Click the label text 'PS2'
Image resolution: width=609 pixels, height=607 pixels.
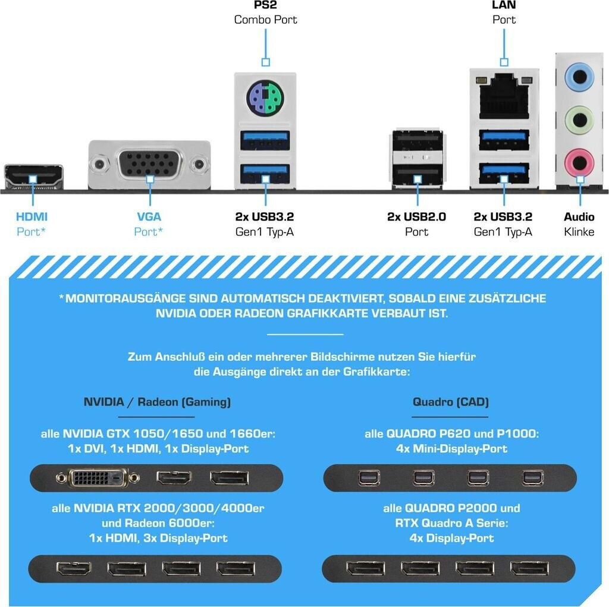click(265, 5)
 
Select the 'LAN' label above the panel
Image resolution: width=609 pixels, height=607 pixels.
click(504, 5)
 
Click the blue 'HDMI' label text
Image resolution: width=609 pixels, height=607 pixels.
click(32, 217)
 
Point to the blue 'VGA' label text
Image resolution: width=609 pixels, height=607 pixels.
click(149, 217)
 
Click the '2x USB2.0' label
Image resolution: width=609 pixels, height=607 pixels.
click(416, 217)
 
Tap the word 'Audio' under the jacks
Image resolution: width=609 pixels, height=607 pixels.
click(579, 217)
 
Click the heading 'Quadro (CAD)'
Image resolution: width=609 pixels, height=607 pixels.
click(451, 402)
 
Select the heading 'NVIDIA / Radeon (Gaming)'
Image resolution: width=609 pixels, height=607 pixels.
click(157, 402)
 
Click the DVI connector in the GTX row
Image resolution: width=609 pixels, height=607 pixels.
click(98, 477)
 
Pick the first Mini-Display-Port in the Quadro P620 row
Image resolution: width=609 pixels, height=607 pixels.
click(365, 477)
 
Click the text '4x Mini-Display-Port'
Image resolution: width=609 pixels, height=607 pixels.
click(451, 449)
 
